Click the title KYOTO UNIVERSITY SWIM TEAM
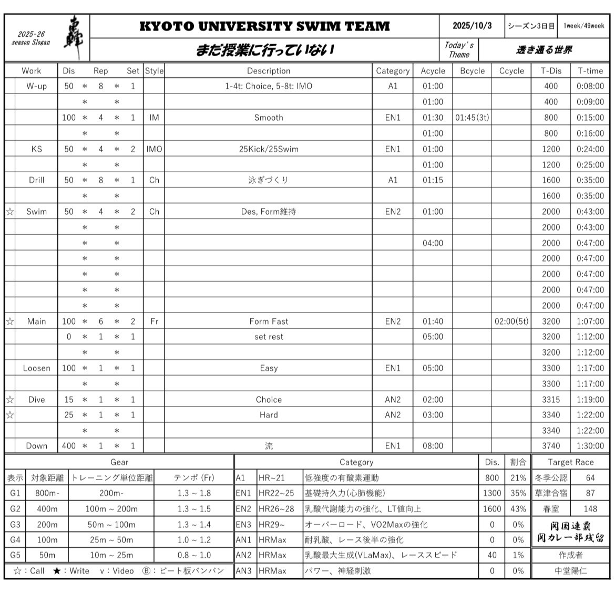point(264,26)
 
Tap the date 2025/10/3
point(472,26)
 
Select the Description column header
point(268,71)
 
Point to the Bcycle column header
point(471,71)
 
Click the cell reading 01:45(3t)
point(471,118)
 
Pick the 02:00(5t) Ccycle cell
point(511,321)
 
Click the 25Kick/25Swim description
point(268,149)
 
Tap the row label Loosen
point(36,368)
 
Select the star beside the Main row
point(10,321)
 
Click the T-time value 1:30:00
point(590,446)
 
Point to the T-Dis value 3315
point(551,400)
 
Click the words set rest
point(268,337)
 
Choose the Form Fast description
point(268,321)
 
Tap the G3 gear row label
point(15,524)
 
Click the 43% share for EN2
point(518,508)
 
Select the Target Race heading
point(570,462)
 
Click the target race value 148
point(590,508)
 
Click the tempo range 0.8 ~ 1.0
point(194,555)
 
